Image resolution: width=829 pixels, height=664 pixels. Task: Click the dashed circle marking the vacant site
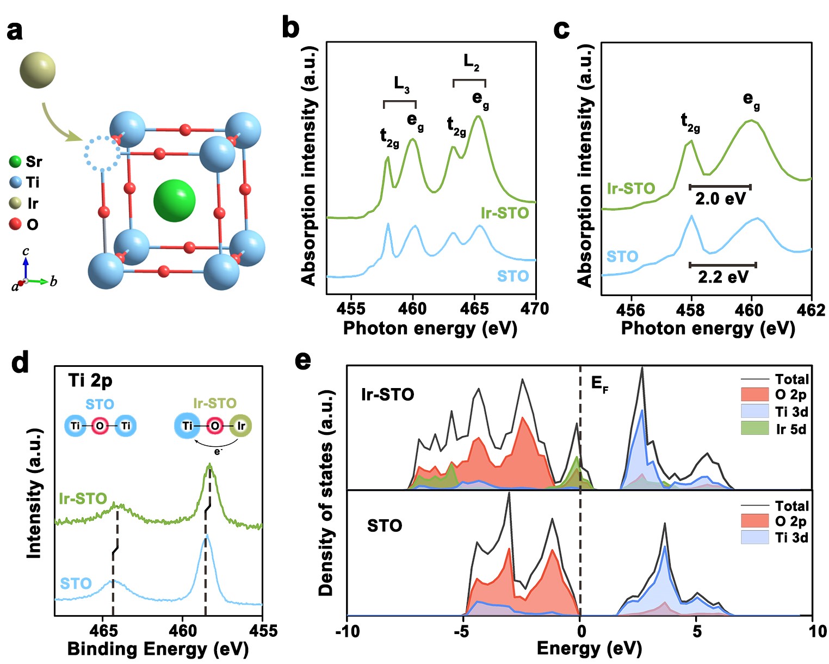coord(102,153)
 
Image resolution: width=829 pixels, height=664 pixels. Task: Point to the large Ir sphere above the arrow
coord(38,70)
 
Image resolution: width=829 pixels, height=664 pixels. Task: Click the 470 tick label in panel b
coord(535,309)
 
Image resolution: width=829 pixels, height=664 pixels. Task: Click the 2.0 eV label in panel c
coord(720,199)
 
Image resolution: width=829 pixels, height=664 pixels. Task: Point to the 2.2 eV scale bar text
coord(722,277)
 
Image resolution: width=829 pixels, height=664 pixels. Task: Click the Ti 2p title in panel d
coord(90,380)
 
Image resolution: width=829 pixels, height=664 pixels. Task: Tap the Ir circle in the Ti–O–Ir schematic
coord(240,426)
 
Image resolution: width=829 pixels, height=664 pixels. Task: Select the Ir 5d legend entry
coord(790,429)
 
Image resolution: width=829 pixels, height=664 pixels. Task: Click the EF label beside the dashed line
coord(599,384)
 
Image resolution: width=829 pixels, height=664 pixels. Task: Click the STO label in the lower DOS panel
coord(385,526)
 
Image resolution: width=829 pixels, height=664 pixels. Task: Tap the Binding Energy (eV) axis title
coord(158,649)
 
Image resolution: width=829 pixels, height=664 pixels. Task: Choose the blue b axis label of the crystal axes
coord(53,281)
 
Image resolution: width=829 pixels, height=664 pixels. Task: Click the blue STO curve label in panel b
coord(512,276)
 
